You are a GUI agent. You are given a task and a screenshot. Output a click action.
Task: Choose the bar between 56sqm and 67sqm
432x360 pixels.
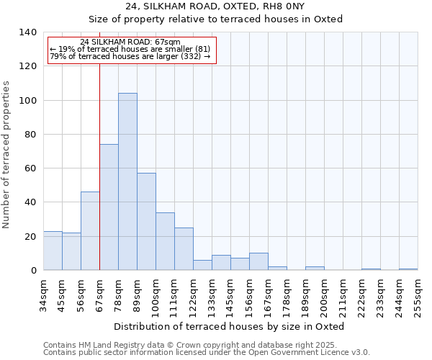(x=90, y=231)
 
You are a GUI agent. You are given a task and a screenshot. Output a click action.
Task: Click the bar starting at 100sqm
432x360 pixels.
(x=165, y=241)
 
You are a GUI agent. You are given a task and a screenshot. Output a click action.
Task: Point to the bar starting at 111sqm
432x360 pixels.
(x=184, y=249)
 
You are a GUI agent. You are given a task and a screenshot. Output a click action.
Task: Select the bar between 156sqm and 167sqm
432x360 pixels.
(x=258, y=262)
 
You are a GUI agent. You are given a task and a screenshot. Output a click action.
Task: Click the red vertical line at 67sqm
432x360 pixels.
(x=99, y=180)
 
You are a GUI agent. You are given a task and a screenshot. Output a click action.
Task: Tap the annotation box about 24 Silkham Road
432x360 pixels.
(x=130, y=50)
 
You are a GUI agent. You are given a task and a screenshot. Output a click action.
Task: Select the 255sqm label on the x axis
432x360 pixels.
(x=418, y=294)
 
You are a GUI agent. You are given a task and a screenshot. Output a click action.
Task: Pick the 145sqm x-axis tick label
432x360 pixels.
(x=230, y=294)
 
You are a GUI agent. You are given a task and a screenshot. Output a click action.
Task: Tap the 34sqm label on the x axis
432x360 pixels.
(x=43, y=294)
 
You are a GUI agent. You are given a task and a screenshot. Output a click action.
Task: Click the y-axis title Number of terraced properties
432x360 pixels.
(x=7, y=155)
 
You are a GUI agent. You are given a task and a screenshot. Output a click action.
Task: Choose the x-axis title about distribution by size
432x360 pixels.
(x=230, y=326)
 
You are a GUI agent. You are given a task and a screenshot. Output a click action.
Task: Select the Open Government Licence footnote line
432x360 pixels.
(x=207, y=353)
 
